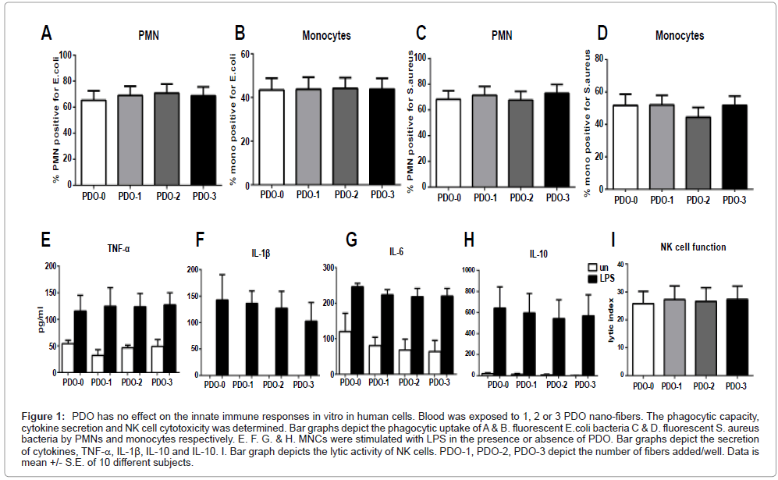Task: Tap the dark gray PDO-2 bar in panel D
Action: (x=698, y=152)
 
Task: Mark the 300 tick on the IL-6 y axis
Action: (x=331, y=268)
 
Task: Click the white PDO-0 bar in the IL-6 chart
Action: (x=344, y=353)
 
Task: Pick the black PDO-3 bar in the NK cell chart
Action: (x=736, y=336)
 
